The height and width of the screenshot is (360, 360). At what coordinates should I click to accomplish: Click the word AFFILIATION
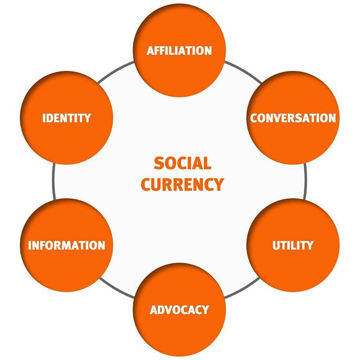tap(179, 51)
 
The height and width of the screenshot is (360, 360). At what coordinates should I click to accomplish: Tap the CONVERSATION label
tap(293, 118)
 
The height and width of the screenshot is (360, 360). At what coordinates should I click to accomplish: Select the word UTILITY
tap(293, 245)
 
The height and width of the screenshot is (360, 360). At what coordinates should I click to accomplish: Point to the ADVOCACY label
tap(180, 310)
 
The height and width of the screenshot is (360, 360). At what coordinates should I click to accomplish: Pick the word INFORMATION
tap(67, 245)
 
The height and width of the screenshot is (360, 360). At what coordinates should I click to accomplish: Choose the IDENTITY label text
tap(67, 118)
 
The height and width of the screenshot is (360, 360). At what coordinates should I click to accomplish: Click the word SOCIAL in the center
tap(182, 163)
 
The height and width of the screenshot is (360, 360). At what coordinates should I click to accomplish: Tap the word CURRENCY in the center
tap(182, 184)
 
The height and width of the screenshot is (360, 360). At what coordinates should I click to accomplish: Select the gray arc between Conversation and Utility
tap(306, 181)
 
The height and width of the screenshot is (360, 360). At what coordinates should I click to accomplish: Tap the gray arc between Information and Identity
tap(53, 181)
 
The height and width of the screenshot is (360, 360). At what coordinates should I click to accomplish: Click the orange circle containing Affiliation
tap(180, 50)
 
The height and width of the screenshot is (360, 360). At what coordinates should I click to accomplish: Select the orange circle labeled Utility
tap(293, 245)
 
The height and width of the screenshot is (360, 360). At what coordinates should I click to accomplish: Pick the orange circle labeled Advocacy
tap(180, 310)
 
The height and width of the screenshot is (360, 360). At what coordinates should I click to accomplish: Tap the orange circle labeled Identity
tap(67, 118)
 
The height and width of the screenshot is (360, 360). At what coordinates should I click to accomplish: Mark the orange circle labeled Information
tap(67, 245)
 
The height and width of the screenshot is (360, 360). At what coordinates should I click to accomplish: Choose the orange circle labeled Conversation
tap(293, 118)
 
